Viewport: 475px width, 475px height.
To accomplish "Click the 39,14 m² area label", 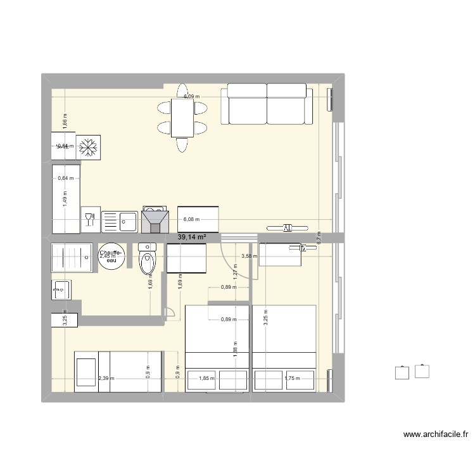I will tap(193, 237).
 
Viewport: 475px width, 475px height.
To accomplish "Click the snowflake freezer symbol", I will tap(88, 146).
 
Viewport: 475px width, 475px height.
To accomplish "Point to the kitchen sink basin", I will tap(127, 221).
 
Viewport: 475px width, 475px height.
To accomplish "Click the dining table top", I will tap(182, 118).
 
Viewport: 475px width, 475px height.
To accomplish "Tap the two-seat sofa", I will tap(267, 104).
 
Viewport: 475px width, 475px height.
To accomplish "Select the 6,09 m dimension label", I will tap(191, 97).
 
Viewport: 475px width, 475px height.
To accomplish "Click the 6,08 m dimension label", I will tap(191, 220).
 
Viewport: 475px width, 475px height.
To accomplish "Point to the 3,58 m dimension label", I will tap(250, 256).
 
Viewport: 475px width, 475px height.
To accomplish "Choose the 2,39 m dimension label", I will tap(106, 379).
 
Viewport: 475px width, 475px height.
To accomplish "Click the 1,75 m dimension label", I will tap(292, 379).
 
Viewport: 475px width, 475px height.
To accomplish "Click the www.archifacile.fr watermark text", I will tap(435, 434).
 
